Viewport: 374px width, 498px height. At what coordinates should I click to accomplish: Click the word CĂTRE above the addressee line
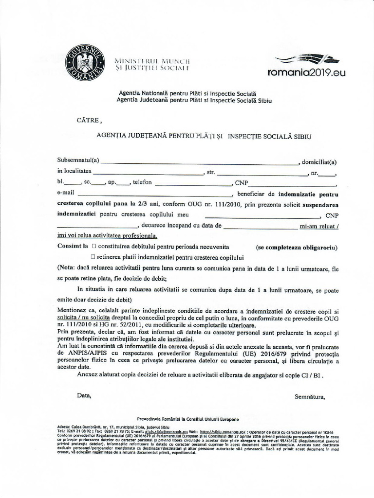click(x=89, y=120)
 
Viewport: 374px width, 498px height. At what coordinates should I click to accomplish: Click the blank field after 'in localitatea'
click(x=148, y=173)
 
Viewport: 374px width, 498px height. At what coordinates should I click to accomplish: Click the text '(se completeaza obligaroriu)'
click(x=297, y=248)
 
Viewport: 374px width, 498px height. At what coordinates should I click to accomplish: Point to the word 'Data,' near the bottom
click(x=84, y=395)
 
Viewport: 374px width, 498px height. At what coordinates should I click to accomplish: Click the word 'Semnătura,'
click(x=309, y=396)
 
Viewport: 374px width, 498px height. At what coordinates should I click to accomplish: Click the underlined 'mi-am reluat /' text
click(x=319, y=226)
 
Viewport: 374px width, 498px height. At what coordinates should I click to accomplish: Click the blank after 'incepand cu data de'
click(x=260, y=227)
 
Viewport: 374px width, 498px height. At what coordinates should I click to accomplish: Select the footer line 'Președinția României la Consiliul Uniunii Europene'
click(x=188, y=419)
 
